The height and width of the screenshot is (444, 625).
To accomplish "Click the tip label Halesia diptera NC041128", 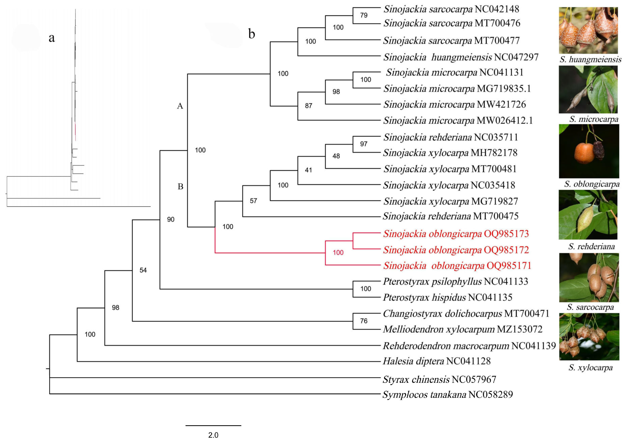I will point(436,361).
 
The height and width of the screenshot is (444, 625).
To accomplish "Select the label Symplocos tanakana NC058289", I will point(447,394).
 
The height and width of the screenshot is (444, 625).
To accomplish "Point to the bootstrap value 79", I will point(364,15).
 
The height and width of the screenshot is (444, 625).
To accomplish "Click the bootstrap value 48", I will point(336,156).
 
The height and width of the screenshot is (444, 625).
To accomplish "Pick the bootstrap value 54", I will point(143,270).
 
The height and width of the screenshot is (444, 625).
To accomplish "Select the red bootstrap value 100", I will point(338,253).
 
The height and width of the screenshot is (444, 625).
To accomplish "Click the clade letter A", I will point(180,106).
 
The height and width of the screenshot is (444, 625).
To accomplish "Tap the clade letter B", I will point(180,187).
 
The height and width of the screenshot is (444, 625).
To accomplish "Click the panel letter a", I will point(52,38).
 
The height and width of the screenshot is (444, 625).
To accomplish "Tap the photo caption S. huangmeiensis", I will point(590,59).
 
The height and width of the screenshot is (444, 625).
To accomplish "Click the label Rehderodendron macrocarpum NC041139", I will point(469,346).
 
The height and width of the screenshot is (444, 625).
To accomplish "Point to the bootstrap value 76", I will point(364,321).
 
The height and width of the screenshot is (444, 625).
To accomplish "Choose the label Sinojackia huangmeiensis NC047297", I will point(461,57).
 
